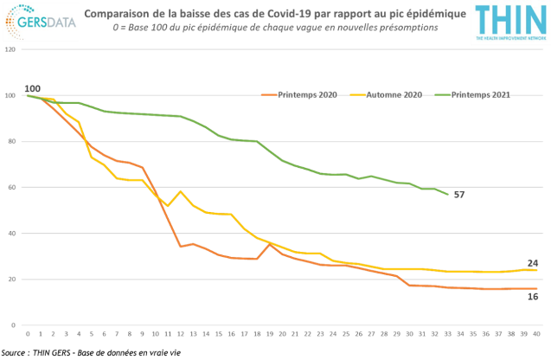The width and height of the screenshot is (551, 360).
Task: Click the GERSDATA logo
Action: tap(40, 22)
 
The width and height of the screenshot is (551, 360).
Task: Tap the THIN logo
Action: tap(509, 22)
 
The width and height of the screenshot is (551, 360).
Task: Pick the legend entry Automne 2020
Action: tap(394, 94)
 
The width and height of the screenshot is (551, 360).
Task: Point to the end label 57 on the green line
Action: tap(459, 195)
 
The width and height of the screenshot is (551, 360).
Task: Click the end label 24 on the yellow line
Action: tap(534, 262)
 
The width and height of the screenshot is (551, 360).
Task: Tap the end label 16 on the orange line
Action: tap(534, 296)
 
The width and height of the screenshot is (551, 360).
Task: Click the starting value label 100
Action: tap(33, 89)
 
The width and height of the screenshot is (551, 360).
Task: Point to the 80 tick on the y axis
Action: tap(10, 141)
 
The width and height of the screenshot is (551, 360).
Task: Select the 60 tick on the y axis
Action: tap(10, 187)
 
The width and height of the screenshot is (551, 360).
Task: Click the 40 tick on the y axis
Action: tap(10, 233)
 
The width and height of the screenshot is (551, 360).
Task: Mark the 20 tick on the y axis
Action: tap(10, 279)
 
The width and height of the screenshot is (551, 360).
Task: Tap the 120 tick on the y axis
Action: tap(9, 49)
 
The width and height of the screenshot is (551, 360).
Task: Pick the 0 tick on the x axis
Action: tap(28, 333)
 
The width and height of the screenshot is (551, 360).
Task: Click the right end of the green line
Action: tap(447, 194)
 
